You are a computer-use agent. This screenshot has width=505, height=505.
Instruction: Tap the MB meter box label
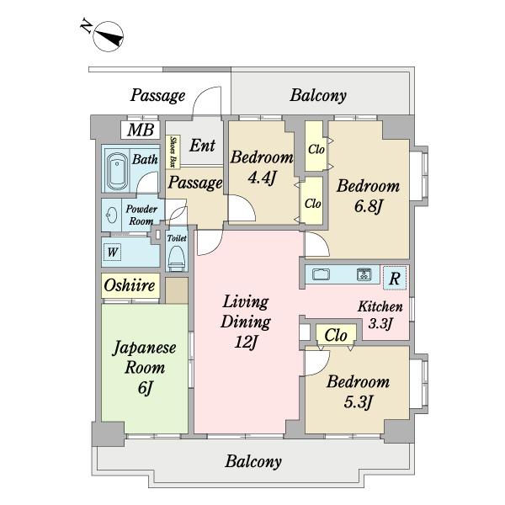pyautogui.click(x=141, y=130)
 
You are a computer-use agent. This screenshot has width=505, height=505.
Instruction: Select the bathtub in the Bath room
pyautogui.click(x=117, y=172)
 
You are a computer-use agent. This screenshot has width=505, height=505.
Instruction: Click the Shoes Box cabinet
pyautogui.click(x=173, y=151)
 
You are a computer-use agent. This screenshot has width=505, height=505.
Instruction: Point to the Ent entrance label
pyautogui.click(x=202, y=146)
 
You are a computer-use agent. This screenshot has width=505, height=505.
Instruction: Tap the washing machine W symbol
pyautogui.click(x=112, y=252)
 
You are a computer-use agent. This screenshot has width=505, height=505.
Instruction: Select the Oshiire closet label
pyautogui.click(x=130, y=285)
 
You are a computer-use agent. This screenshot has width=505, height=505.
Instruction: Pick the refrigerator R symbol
pyautogui.click(x=395, y=278)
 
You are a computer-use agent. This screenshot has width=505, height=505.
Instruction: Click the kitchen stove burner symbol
pyautogui.click(x=364, y=274)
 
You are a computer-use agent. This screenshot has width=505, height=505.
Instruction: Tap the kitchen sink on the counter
pyautogui.click(x=322, y=274)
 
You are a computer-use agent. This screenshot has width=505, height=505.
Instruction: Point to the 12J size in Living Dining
pyautogui.click(x=246, y=342)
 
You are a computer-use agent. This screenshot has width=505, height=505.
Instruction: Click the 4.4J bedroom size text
pyautogui.click(x=262, y=177)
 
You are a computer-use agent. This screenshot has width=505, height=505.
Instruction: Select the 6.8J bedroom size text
pyautogui.click(x=368, y=206)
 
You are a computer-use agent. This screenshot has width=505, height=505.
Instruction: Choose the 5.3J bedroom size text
pyautogui.click(x=359, y=402)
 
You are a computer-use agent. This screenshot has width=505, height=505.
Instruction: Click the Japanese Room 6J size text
pyautogui.click(x=145, y=387)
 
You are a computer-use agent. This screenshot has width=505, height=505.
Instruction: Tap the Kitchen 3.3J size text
pyautogui.click(x=380, y=323)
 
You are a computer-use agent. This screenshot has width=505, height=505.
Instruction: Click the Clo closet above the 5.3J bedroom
pyautogui.click(x=336, y=335)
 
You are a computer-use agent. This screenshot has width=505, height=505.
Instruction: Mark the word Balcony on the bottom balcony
pyautogui.click(x=253, y=461)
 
